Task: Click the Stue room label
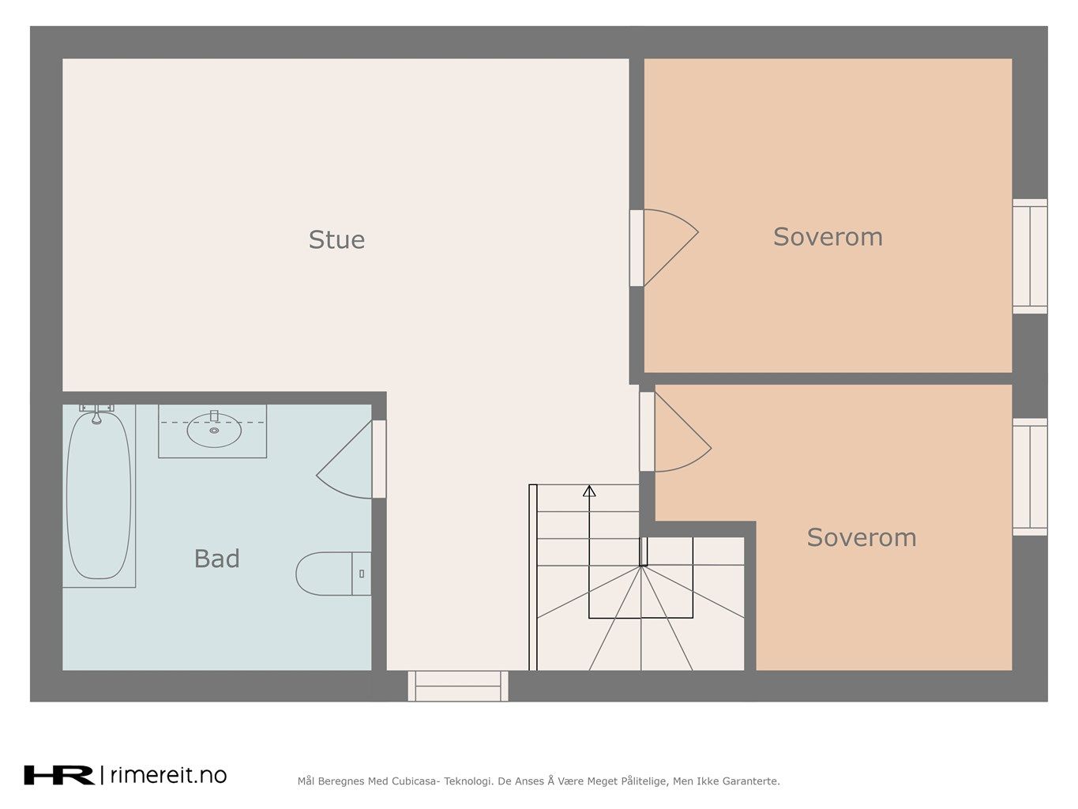[336, 239]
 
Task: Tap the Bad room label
[216, 559]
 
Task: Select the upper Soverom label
[828, 237]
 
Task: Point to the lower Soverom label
[862, 537]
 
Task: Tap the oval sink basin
[214, 431]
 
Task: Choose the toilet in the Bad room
[333, 574]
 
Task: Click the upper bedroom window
[1029, 256]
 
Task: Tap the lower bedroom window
[1029, 477]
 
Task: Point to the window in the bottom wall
[458, 686]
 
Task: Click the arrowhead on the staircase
[589, 491]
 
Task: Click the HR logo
[59, 775]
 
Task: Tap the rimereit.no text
[168, 775]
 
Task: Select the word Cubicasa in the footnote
[414, 781]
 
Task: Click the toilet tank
[362, 574]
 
